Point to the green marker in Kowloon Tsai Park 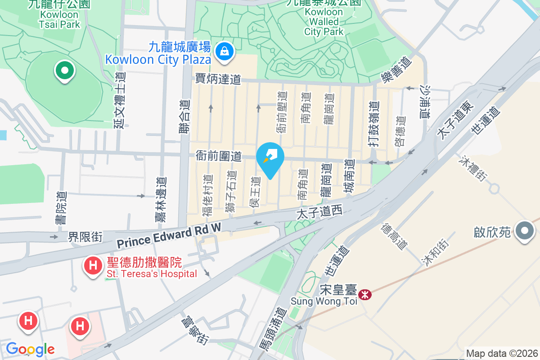tap(64, 71)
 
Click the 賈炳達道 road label tap(218, 79)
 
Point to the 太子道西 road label tap(319, 211)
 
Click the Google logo tap(30, 349)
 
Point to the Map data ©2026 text tap(501, 354)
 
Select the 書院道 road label tap(61, 208)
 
